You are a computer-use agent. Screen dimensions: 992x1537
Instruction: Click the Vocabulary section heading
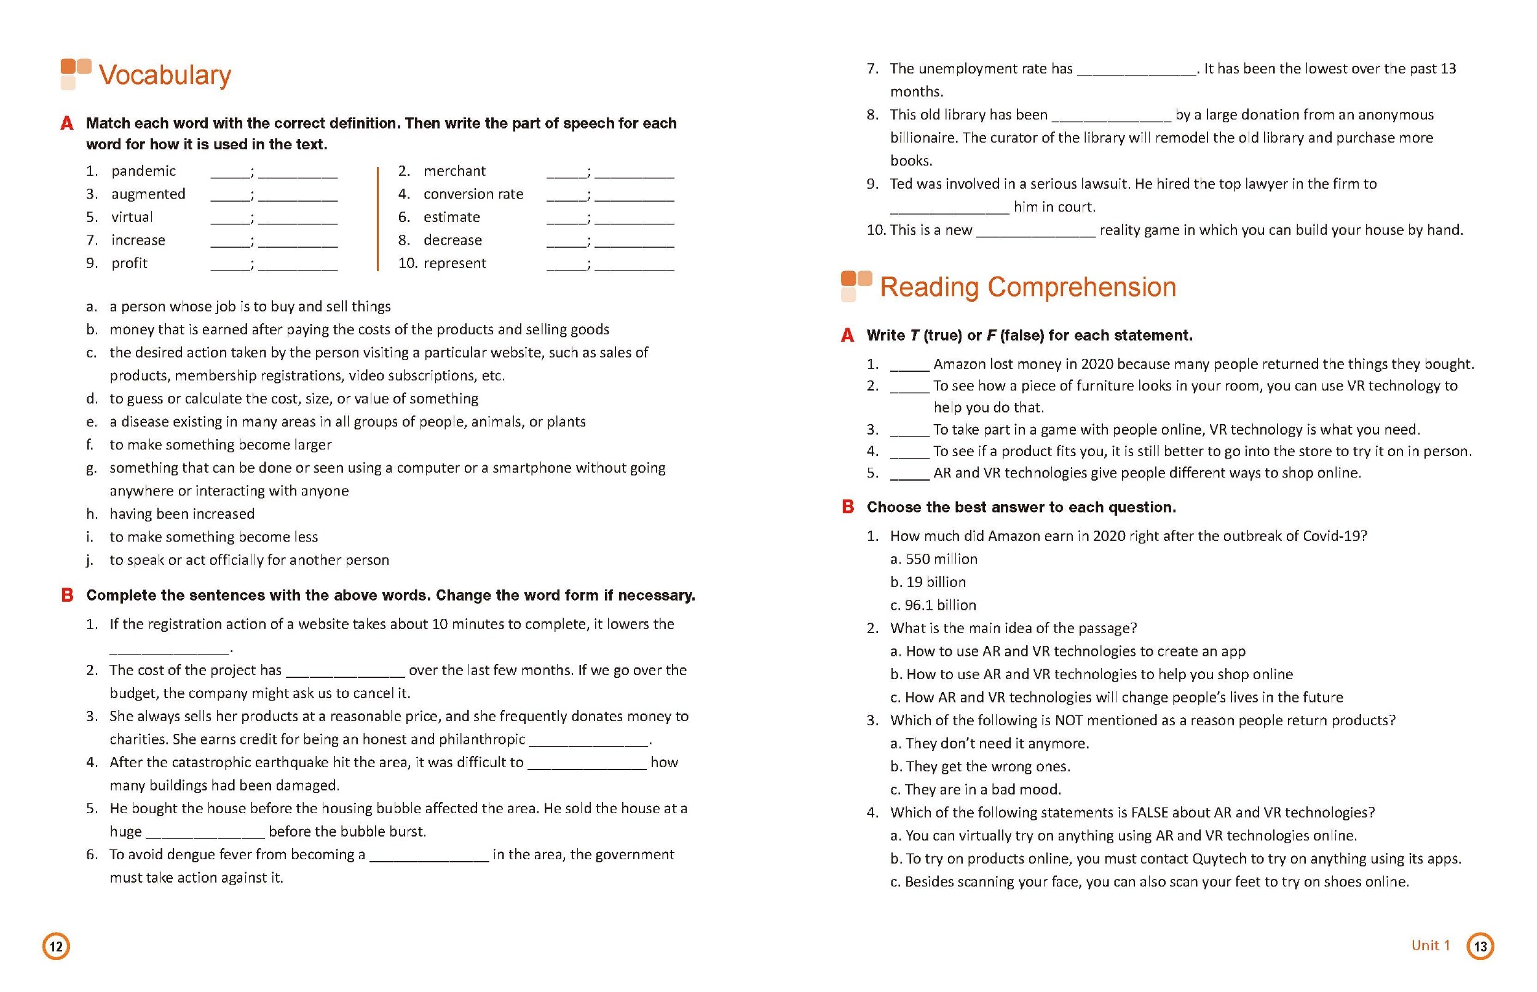click(x=164, y=76)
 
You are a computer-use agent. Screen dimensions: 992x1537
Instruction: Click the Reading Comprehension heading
click(x=1027, y=287)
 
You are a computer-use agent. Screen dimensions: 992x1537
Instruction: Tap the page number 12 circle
click(x=56, y=947)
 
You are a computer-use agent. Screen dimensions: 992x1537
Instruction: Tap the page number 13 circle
click(x=1480, y=947)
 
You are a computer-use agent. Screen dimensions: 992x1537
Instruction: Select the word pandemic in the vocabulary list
click(x=143, y=171)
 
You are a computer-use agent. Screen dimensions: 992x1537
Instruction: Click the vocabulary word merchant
click(x=454, y=171)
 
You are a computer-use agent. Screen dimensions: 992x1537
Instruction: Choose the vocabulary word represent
click(x=454, y=264)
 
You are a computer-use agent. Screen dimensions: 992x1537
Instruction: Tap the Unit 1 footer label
click(x=1430, y=945)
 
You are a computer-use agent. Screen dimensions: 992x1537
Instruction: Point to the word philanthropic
click(x=481, y=739)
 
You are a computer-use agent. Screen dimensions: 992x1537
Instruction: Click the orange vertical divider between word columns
click(x=377, y=218)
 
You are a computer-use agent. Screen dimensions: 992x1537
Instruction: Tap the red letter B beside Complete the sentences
click(x=67, y=595)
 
